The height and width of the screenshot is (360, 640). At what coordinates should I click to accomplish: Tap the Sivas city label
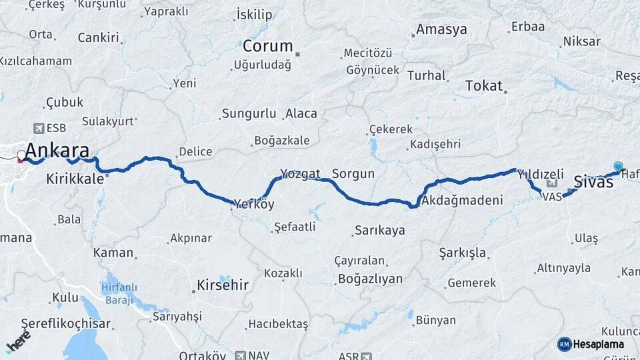click(593, 181)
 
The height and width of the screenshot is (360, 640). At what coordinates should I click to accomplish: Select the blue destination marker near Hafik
click(618, 167)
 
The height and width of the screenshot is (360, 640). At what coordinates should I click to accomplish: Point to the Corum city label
click(267, 46)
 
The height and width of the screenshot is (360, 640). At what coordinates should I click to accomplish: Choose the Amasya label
click(441, 29)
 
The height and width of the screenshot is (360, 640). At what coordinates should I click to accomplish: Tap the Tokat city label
click(484, 85)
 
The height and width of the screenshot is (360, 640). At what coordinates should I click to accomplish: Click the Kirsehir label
click(222, 285)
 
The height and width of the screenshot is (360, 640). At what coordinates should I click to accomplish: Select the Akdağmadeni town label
click(462, 200)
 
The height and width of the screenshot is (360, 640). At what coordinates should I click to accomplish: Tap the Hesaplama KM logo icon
click(565, 344)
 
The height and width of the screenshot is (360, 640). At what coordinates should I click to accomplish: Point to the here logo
click(18, 341)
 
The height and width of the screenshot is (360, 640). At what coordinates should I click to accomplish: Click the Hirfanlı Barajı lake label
click(119, 294)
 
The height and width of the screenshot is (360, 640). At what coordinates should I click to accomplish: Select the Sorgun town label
click(353, 174)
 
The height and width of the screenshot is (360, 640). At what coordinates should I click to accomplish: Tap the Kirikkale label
click(75, 179)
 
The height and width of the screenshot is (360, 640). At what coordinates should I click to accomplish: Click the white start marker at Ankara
click(21, 156)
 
